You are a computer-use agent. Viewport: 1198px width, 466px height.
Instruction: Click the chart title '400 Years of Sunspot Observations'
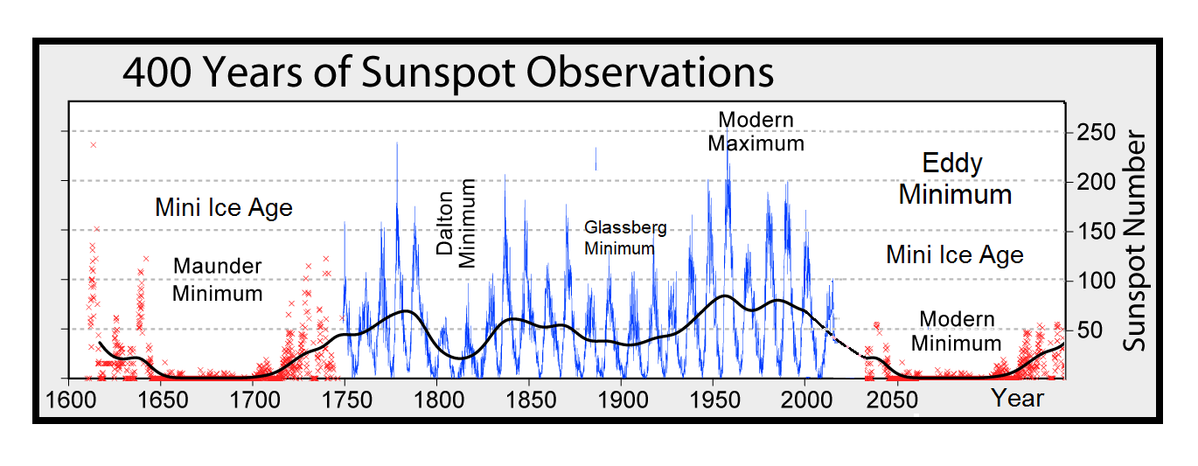(448, 73)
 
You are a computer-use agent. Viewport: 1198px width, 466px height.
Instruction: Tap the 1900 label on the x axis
(621, 400)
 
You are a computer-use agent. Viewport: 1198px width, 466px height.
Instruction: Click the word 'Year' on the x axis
(1017, 399)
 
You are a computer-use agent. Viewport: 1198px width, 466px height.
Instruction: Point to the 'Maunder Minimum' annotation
(217, 279)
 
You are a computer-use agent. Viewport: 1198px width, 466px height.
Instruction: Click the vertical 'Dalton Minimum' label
(456, 223)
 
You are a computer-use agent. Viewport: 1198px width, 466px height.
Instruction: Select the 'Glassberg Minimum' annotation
(624, 238)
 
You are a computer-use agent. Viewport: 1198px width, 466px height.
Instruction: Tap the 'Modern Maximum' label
(756, 131)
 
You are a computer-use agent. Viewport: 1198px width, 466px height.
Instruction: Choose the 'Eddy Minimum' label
(954, 178)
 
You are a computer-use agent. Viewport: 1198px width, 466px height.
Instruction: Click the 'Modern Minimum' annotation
(956, 330)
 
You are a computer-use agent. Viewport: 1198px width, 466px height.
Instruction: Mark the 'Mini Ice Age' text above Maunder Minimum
(223, 208)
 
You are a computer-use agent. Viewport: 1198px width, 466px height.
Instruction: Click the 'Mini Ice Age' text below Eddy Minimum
(954, 254)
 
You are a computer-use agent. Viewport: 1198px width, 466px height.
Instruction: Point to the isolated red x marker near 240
(93, 145)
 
